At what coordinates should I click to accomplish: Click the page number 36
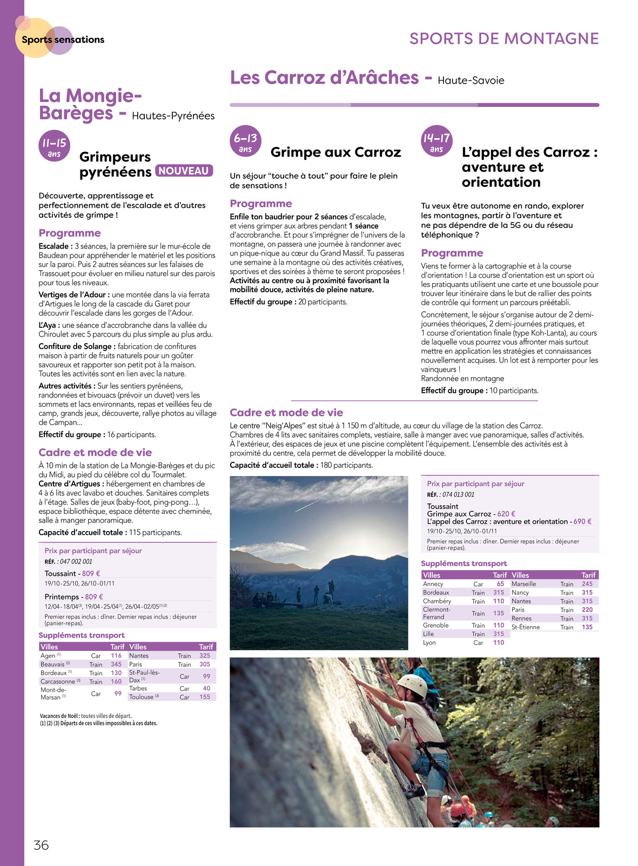(x=41, y=845)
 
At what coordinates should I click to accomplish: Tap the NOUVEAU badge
(x=184, y=171)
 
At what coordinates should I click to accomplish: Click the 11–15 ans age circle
(x=55, y=146)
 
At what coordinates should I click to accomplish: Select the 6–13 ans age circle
(x=246, y=142)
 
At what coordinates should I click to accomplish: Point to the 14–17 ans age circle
(x=436, y=142)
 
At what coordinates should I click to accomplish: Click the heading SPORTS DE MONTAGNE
(x=504, y=39)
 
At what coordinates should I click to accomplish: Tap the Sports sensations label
(x=63, y=39)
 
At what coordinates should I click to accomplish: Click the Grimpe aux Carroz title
(x=335, y=152)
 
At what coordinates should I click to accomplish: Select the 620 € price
(x=506, y=514)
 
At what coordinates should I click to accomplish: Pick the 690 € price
(x=582, y=521)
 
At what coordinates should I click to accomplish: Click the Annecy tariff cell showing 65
(x=500, y=584)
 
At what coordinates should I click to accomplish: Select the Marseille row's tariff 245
(x=587, y=584)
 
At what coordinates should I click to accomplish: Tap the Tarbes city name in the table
(x=138, y=688)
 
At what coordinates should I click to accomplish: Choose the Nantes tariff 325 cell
(x=205, y=656)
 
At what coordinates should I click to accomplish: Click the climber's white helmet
(x=412, y=684)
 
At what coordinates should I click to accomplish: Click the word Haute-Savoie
(x=471, y=80)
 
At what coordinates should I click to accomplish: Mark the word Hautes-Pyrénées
(x=173, y=116)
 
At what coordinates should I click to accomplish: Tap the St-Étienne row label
(x=526, y=627)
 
